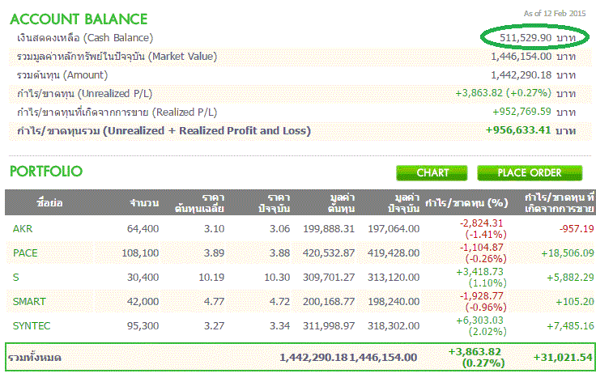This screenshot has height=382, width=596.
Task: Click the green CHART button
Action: click(x=432, y=172)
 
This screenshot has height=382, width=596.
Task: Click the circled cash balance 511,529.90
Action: click(x=526, y=38)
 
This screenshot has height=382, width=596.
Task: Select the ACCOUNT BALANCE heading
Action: click(x=79, y=19)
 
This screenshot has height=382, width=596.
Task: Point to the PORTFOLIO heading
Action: click(x=46, y=172)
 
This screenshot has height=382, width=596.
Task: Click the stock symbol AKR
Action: click(x=23, y=229)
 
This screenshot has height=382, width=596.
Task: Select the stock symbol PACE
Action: click(x=26, y=253)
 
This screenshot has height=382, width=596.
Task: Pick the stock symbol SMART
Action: click(x=30, y=301)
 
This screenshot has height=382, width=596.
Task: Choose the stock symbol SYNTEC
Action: click(x=32, y=325)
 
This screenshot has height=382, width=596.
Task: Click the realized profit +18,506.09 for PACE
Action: click(x=560, y=253)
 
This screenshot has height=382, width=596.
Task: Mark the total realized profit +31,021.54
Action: click(x=564, y=357)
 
